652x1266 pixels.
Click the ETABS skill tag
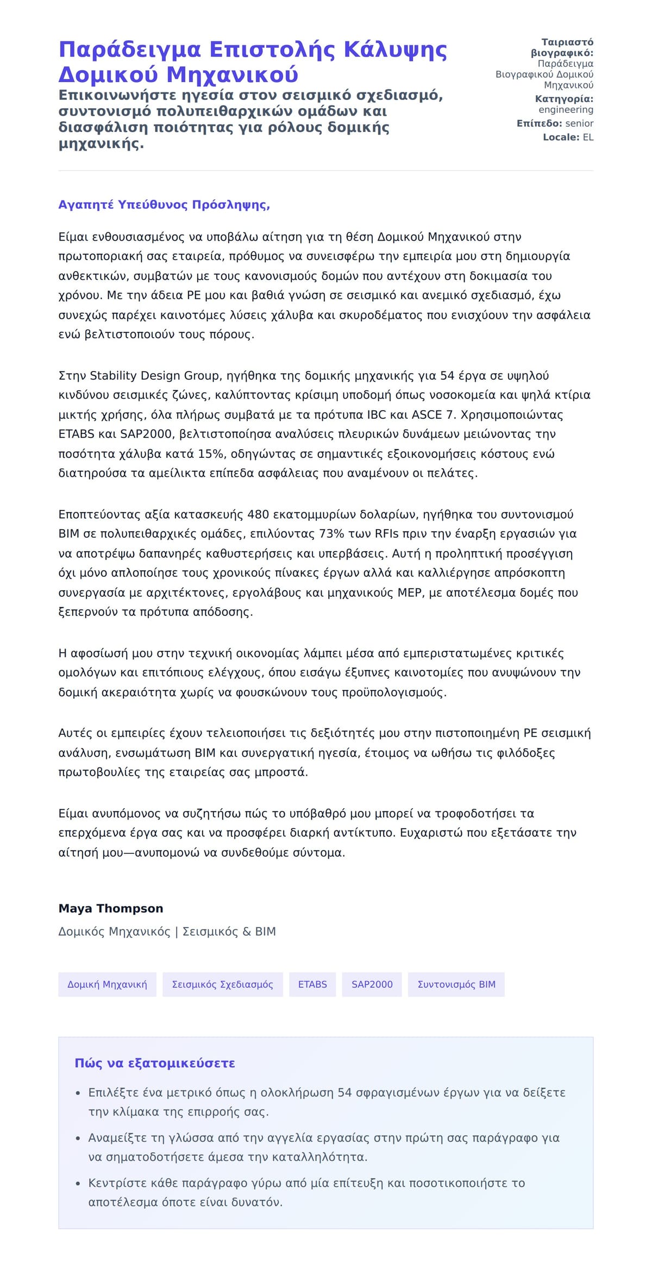pyautogui.click(x=312, y=984)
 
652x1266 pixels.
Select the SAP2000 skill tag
pyautogui.click(x=372, y=984)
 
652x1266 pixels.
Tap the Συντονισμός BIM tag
pyautogui.click(x=456, y=984)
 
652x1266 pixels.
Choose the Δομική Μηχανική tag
pyautogui.click(x=107, y=984)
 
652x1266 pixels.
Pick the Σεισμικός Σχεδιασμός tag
pyautogui.click(x=222, y=984)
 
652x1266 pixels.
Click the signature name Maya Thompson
pyautogui.click(x=111, y=909)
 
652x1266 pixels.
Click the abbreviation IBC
pyautogui.click(x=377, y=415)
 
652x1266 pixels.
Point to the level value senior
pyautogui.click(x=579, y=123)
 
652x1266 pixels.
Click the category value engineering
pyautogui.click(x=566, y=110)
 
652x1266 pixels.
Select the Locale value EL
pyautogui.click(x=588, y=137)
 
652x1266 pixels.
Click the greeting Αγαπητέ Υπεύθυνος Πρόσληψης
pyautogui.click(x=164, y=205)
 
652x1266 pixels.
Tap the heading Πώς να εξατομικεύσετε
pyautogui.click(x=155, y=1063)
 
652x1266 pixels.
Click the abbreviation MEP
pyautogui.click(x=410, y=593)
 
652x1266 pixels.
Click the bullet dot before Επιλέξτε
pyautogui.click(x=78, y=1093)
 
